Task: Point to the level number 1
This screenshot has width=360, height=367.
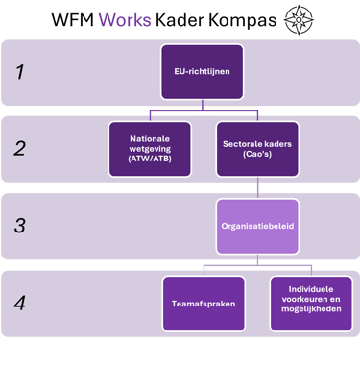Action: tap(19, 70)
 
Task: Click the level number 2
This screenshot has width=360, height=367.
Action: tap(19, 148)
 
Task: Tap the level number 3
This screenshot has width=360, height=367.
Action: tap(19, 228)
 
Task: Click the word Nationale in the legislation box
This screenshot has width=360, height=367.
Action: tap(150, 137)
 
